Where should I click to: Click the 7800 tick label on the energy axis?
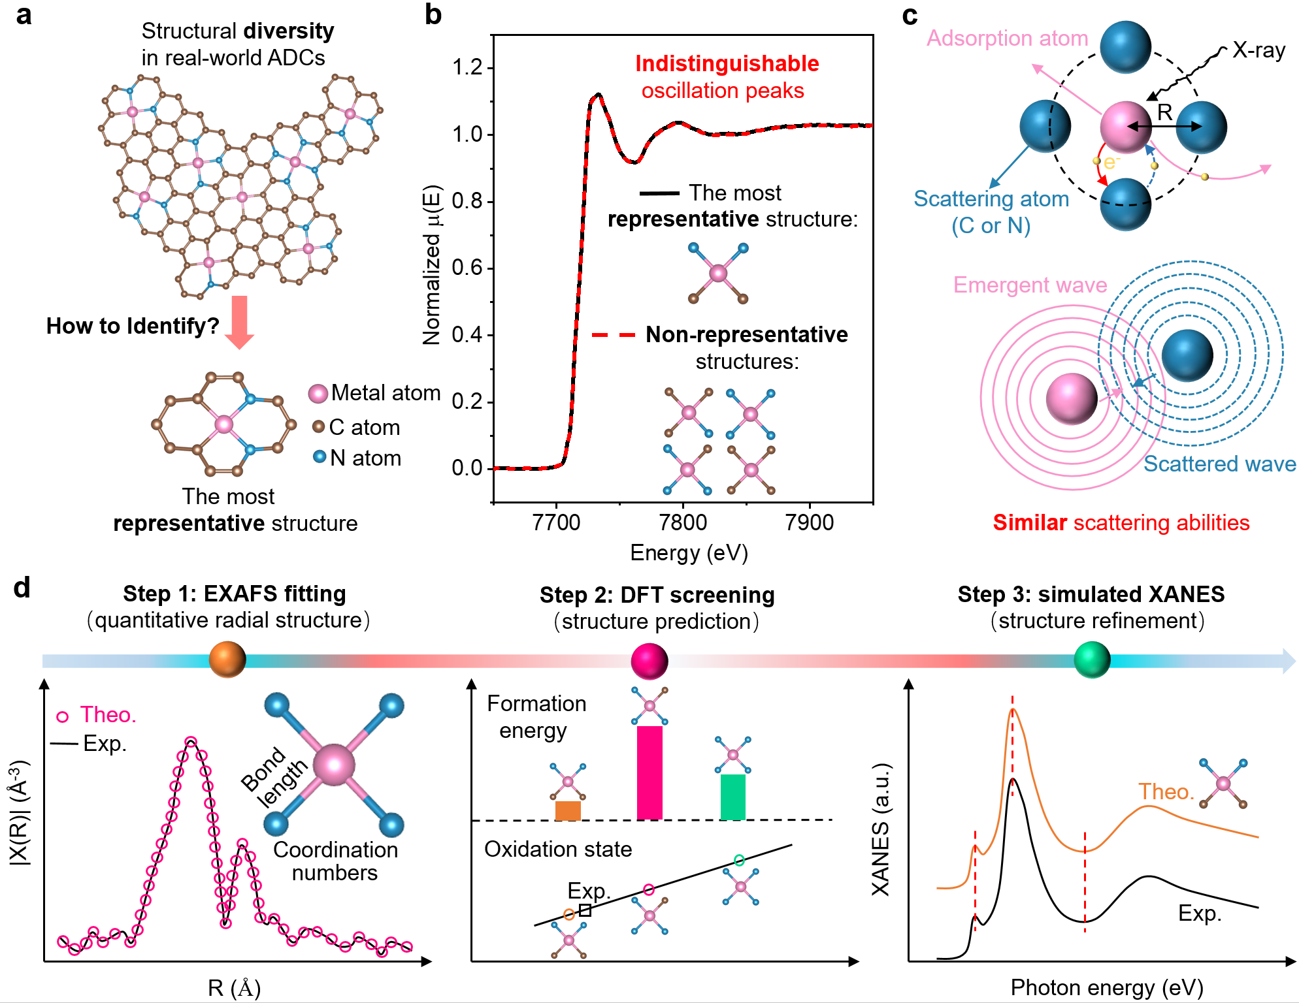(x=683, y=522)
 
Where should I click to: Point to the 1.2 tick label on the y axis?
(x=467, y=67)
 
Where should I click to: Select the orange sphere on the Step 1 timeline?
(x=227, y=660)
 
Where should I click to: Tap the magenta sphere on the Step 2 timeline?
(x=649, y=661)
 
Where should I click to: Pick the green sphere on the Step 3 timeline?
(x=1092, y=660)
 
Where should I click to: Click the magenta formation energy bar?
(x=649, y=772)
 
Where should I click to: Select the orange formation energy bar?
(x=568, y=810)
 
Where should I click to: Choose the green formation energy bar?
(x=733, y=797)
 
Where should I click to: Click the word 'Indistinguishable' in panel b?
(x=727, y=63)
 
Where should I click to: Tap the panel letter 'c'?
(x=910, y=16)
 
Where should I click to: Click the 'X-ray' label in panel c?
(x=1258, y=50)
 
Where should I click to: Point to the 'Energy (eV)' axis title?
(x=689, y=553)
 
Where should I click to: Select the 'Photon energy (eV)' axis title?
(x=1107, y=987)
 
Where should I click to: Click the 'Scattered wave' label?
(x=1219, y=464)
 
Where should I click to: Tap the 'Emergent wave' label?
(x=1030, y=285)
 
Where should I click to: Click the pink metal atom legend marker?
(x=318, y=394)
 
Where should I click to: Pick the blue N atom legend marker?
(x=320, y=457)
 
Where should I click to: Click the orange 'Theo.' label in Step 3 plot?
(x=1166, y=791)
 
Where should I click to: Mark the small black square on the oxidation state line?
(x=585, y=910)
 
